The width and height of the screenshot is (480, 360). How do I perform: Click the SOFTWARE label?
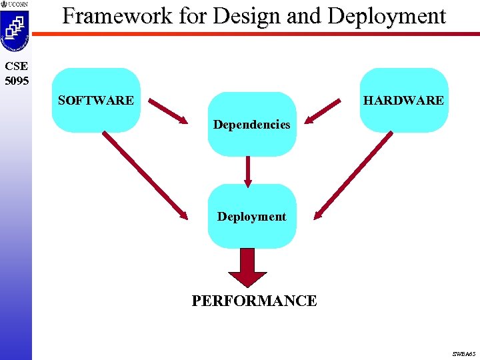pos(95,101)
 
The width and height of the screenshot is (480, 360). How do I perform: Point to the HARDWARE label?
pos(403,101)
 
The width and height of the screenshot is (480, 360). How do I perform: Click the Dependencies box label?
pos(251,125)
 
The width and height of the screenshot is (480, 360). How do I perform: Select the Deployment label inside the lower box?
pos(251,217)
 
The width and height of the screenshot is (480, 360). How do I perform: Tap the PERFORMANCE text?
pos(254,301)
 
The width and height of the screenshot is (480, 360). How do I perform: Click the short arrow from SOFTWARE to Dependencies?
pos(168,111)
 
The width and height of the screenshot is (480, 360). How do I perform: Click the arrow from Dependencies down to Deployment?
pos(248,171)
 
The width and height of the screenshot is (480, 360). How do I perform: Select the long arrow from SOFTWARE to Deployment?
pos(145,175)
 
